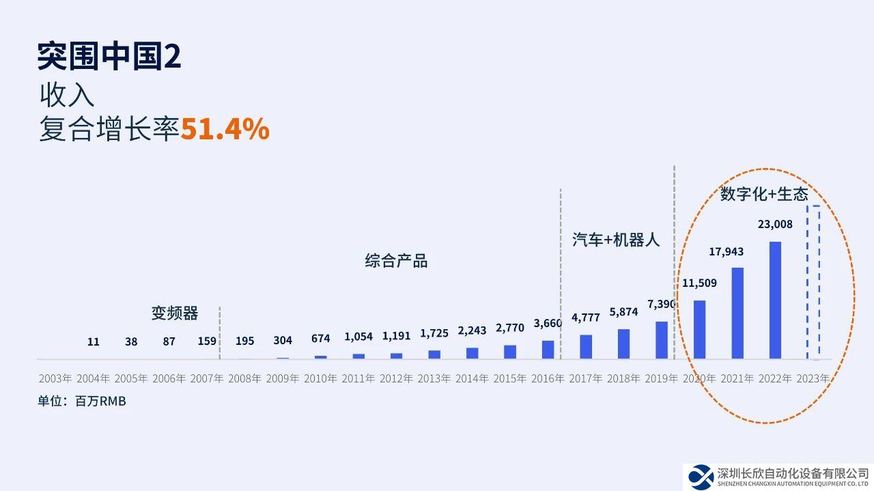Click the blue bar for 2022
775,300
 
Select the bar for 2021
737,313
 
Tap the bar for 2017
586,347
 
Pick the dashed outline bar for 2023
813,282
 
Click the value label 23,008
775,224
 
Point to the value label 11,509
699,282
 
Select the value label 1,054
358,337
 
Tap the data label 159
207,341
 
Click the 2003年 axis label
55,378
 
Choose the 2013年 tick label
434,378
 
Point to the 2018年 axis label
623,378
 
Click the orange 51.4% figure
225,129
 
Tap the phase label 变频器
175,313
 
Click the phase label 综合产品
396,261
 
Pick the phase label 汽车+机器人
616,240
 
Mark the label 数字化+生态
764,195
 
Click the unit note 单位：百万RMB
82,402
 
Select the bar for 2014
472,353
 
